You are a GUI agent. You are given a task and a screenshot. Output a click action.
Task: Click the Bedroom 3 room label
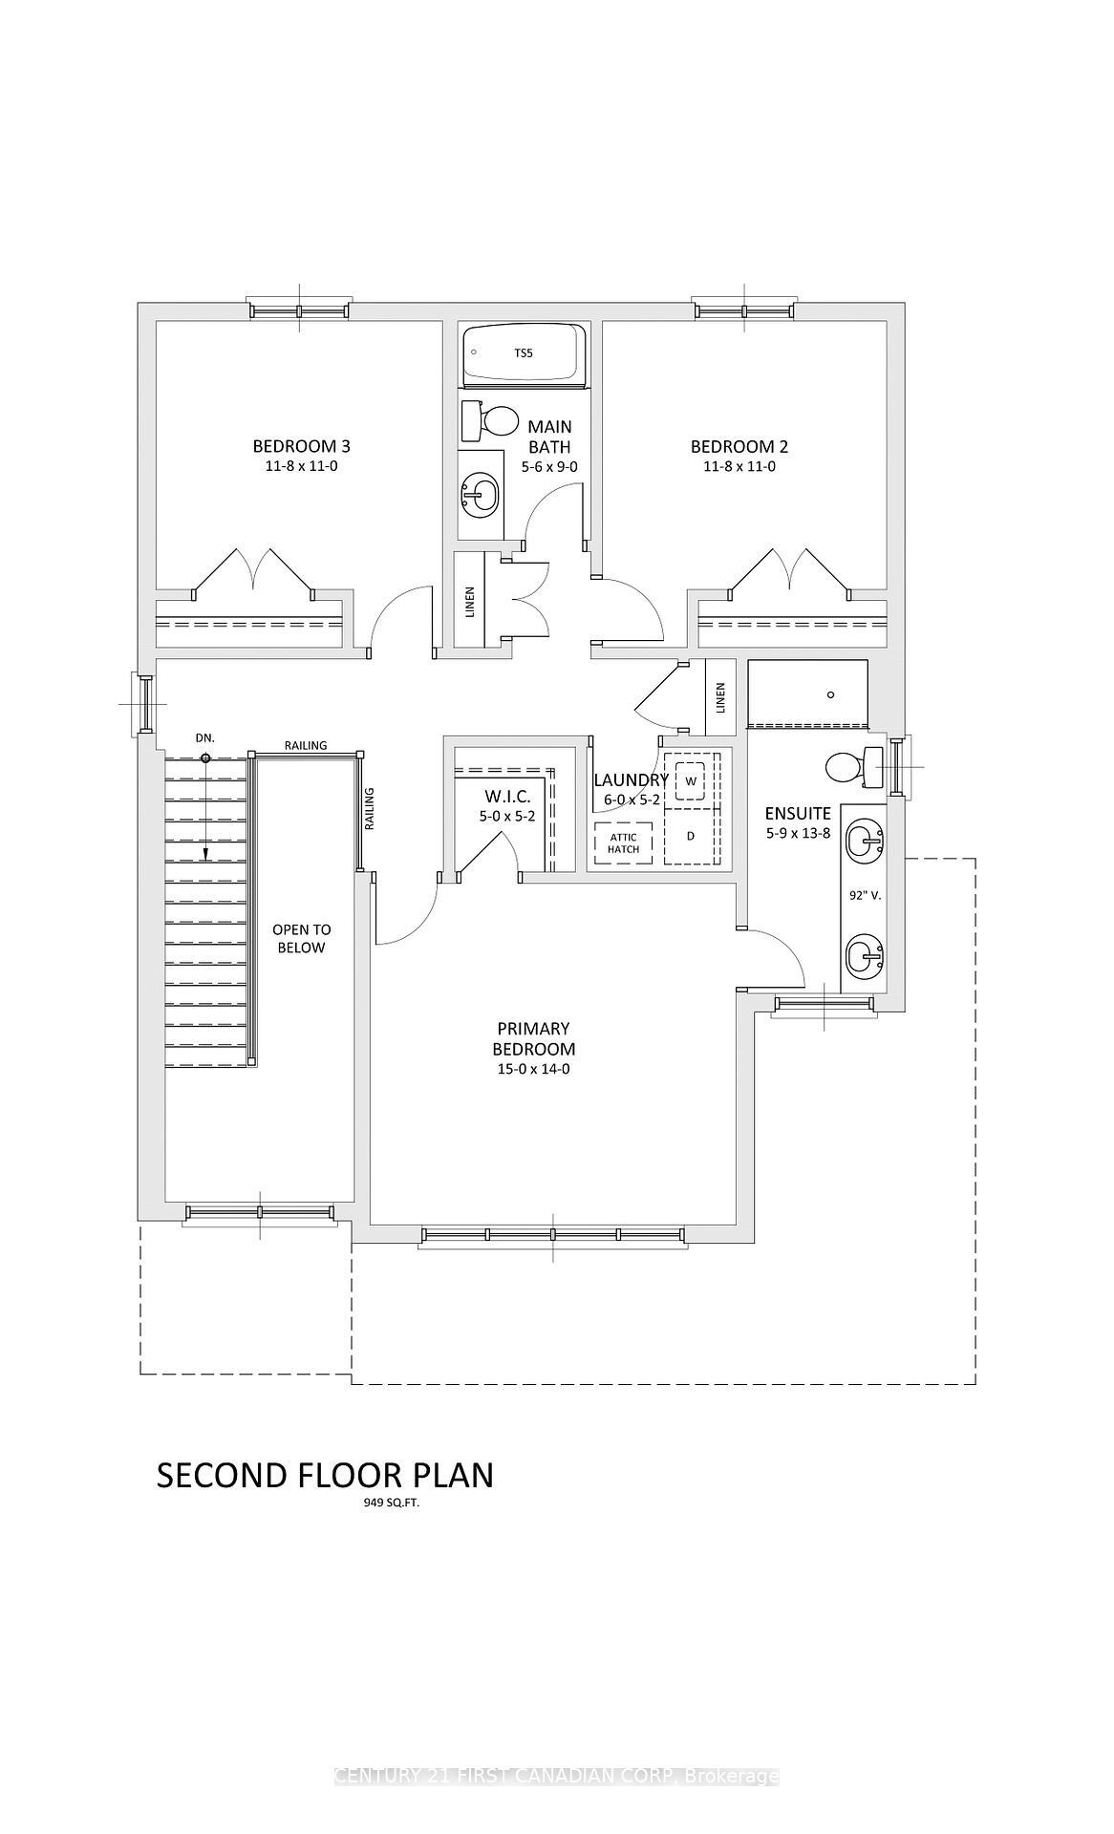point(301,446)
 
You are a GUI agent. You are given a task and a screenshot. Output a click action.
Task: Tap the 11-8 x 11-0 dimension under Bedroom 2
point(739,467)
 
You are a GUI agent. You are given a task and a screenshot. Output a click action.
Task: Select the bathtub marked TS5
point(524,353)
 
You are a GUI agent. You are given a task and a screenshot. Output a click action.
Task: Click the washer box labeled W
point(690,780)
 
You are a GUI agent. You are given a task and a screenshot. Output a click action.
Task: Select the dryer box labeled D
point(690,836)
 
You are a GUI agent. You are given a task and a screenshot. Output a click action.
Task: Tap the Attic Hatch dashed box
point(623,842)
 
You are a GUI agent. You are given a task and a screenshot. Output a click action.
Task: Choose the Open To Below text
point(301,938)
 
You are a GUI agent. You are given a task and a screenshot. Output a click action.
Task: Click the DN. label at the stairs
point(204,738)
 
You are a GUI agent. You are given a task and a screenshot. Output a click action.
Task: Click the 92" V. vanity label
point(864,896)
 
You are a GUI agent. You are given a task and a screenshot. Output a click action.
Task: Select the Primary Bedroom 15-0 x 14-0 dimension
point(533,1069)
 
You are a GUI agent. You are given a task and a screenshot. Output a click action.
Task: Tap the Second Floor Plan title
point(325,1475)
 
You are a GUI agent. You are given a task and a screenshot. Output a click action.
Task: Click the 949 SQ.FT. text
point(387,1502)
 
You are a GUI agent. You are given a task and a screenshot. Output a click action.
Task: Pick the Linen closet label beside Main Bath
point(470,602)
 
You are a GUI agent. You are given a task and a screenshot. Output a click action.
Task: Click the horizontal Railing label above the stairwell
point(305,745)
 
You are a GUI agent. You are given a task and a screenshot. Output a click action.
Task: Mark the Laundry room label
point(631,780)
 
